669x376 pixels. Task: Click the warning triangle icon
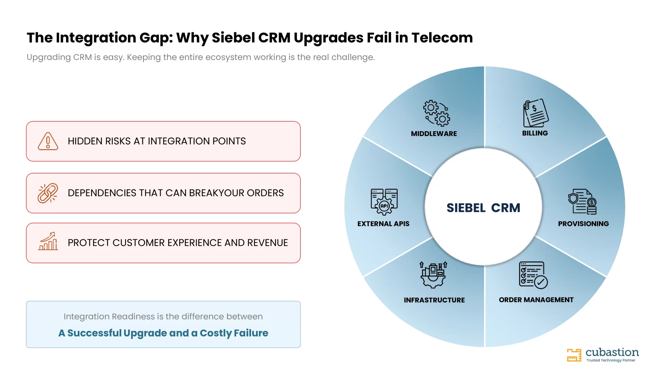[48, 141]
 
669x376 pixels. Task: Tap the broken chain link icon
[48, 193]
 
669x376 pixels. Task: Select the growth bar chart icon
[48, 241]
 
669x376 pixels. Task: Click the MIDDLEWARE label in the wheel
[434, 133]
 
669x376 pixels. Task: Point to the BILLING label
[535, 133]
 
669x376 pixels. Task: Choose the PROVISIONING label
[583, 224]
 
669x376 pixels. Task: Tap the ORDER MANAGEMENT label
[536, 300]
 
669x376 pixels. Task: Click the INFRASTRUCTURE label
[434, 300]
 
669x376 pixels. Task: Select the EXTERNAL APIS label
[383, 224]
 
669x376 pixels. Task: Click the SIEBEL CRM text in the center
[483, 208]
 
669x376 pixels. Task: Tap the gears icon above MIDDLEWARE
[437, 113]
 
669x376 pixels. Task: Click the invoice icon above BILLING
[536, 113]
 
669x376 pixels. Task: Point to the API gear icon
[384, 202]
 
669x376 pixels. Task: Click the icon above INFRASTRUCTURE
[433, 275]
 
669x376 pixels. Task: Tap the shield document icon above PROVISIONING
[582, 202]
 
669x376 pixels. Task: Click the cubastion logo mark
[574, 355]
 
